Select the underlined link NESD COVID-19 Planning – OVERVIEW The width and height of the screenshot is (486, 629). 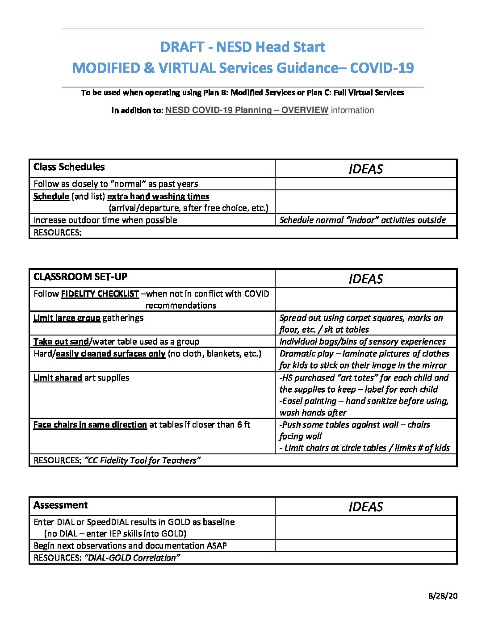coord(247,110)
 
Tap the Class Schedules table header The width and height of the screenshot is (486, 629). coord(69,167)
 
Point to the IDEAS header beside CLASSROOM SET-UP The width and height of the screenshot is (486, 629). coord(365,279)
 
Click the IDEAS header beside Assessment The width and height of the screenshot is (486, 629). coord(365,507)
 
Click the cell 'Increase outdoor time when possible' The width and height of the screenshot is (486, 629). coord(105,220)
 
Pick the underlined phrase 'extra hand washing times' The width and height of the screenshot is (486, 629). coord(158,197)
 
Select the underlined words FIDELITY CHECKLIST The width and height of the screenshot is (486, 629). coord(100,294)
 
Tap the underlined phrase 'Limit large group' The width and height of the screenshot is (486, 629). coord(67,318)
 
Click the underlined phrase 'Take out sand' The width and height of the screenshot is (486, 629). coord(61,342)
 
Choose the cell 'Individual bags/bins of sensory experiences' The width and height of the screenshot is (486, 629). coord(362,342)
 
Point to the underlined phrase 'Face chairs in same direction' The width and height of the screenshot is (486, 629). coord(90,425)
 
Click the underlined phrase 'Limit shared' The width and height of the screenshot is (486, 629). coord(58,378)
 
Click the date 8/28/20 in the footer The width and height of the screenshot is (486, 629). coord(443,596)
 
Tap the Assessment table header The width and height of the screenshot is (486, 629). coord(61,505)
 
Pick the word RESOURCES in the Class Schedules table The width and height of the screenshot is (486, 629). coord(57,233)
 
